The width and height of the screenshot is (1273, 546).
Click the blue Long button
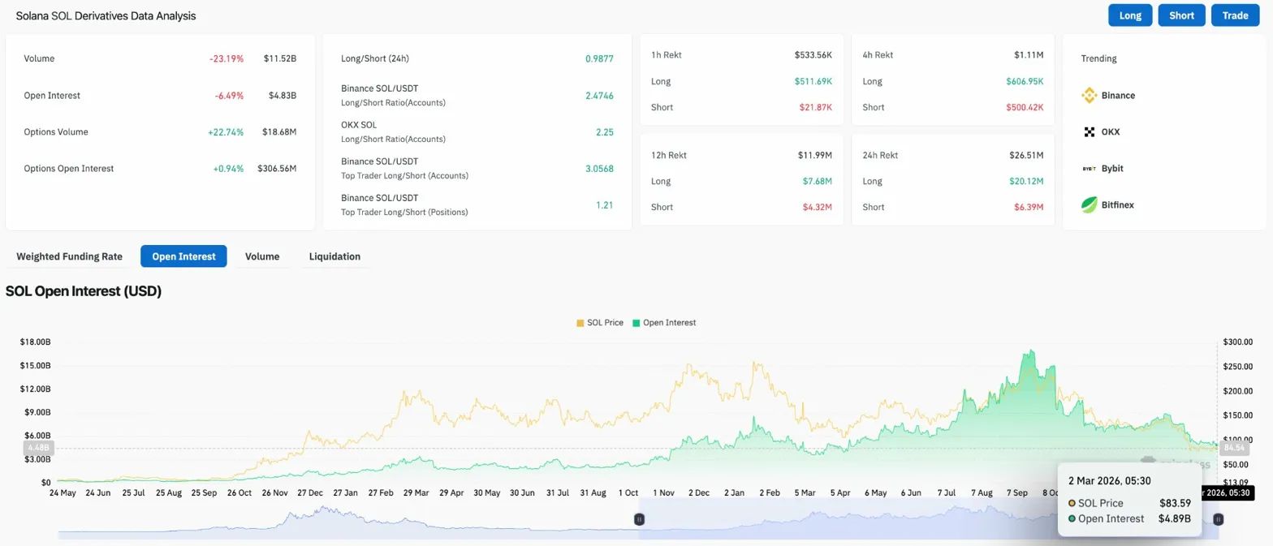pyautogui.click(x=1129, y=15)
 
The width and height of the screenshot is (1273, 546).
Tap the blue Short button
pyautogui.click(x=1181, y=15)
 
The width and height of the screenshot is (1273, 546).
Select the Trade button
pyautogui.click(x=1235, y=15)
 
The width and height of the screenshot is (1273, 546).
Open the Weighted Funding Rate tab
pyautogui.click(x=69, y=256)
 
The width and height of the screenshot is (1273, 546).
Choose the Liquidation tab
pyautogui.click(x=334, y=256)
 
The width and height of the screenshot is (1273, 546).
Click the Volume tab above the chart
pyautogui.click(x=262, y=256)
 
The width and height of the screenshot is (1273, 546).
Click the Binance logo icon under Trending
pyautogui.click(x=1090, y=96)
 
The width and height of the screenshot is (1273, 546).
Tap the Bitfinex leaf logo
pyautogui.click(x=1090, y=205)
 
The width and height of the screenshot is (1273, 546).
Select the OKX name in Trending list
pyautogui.click(x=1111, y=132)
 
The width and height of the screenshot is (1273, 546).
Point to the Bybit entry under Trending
pyautogui.click(x=1111, y=169)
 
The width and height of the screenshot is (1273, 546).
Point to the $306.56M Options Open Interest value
pyautogui.click(x=277, y=169)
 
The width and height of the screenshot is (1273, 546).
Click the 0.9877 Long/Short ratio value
pyautogui.click(x=599, y=59)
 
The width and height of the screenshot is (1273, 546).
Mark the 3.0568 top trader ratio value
pyautogui.click(x=599, y=169)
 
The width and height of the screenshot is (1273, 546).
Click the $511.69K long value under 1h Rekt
pyautogui.click(x=813, y=81)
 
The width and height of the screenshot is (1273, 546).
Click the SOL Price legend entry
pyautogui.click(x=600, y=323)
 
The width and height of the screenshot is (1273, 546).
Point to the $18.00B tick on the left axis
pyautogui.click(x=35, y=342)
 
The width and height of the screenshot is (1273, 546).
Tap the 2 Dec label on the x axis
pyautogui.click(x=698, y=492)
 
